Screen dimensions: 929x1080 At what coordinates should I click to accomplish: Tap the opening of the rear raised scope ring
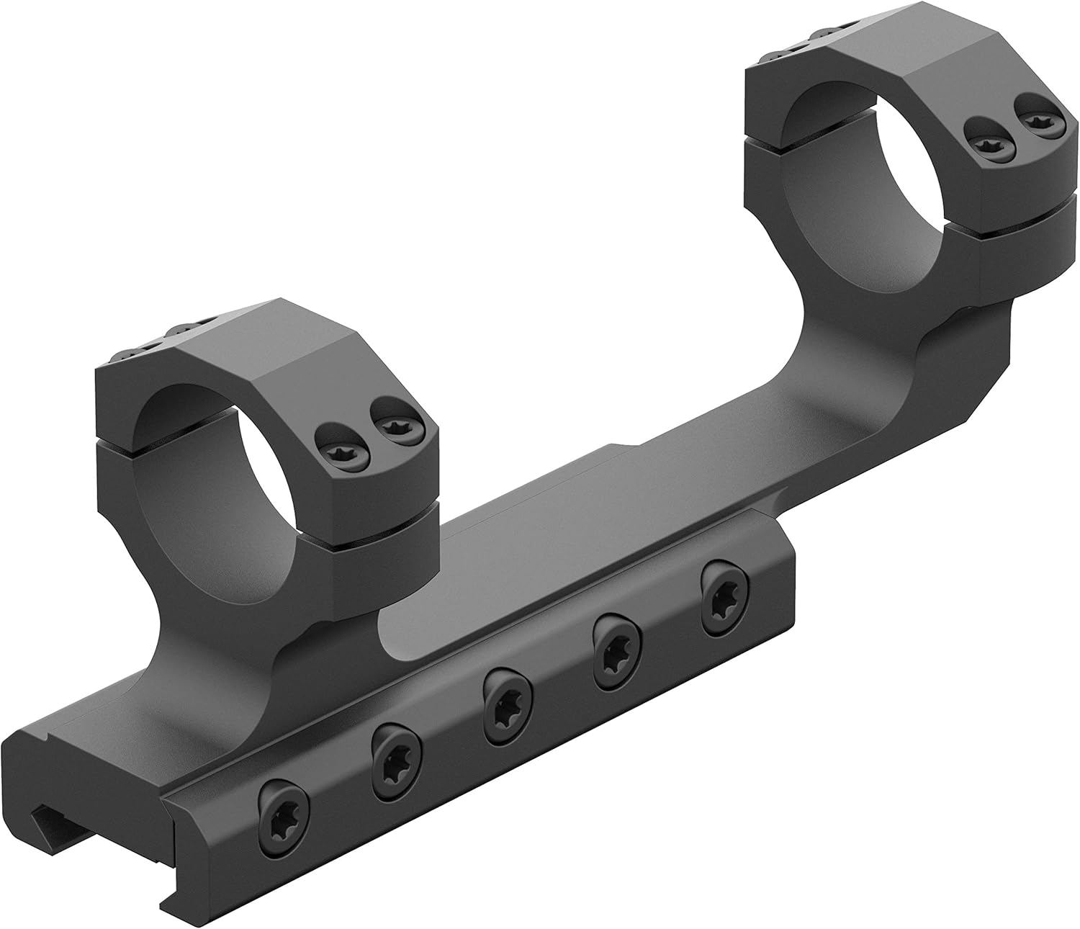(871, 180)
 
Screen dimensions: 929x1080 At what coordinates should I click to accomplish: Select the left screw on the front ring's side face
(338, 454)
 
